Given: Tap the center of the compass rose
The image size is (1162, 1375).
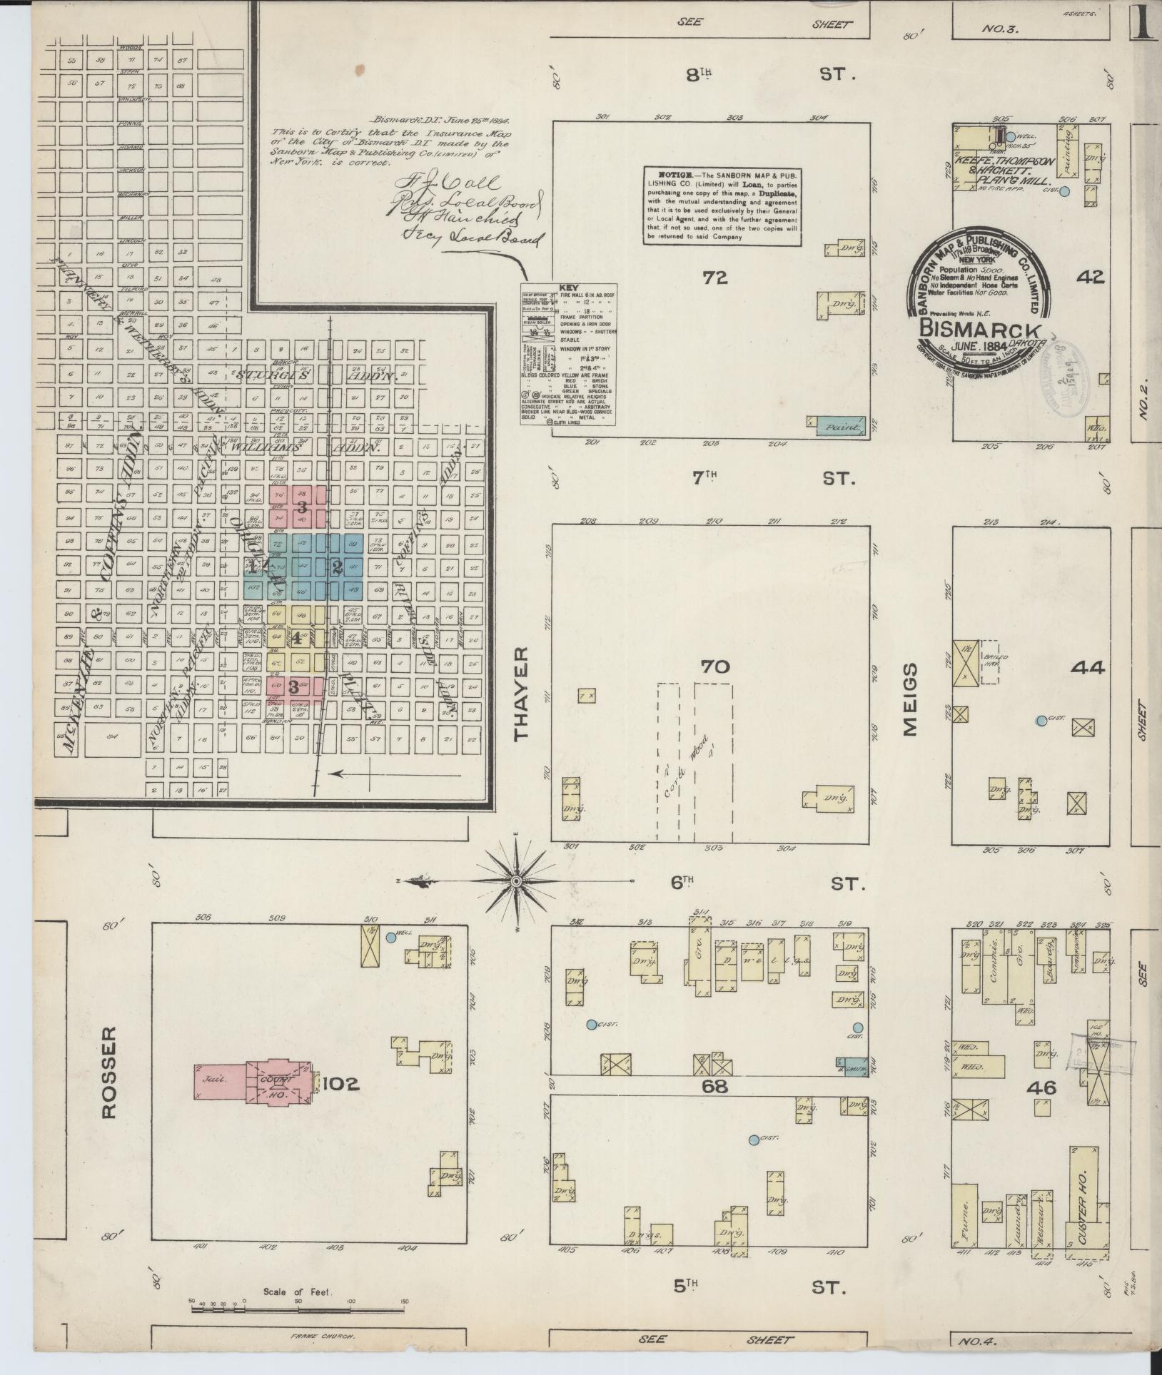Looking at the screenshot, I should click(x=519, y=881).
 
